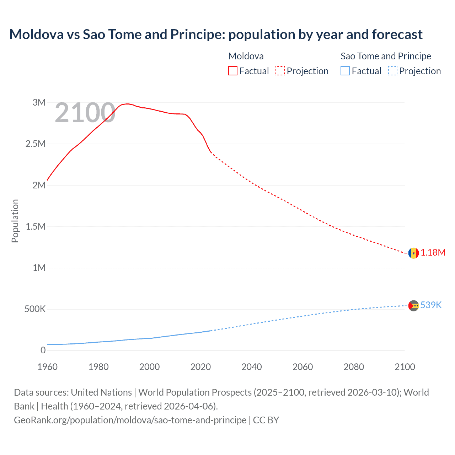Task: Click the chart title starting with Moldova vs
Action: click(216, 34)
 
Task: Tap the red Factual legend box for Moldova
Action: click(232, 71)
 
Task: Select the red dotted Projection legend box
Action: click(280, 71)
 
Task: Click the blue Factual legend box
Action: click(345, 71)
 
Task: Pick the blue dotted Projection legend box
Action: click(392, 71)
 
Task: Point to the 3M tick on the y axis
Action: click(39, 103)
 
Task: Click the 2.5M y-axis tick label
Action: click(36, 144)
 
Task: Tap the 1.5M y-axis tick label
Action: click(36, 226)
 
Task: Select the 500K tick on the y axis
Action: click(35, 309)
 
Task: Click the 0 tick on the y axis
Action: click(43, 350)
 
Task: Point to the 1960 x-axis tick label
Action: click(47, 367)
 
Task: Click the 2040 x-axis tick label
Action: click(252, 367)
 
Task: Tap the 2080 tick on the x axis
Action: click(354, 367)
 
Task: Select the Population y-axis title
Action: click(15, 221)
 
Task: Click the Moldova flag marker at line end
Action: click(413, 253)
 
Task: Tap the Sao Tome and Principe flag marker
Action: click(413, 306)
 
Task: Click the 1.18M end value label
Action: click(433, 253)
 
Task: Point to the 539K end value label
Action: click(431, 305)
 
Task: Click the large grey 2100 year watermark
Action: click(85, 113)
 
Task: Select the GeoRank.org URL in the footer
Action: click(130, 420)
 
